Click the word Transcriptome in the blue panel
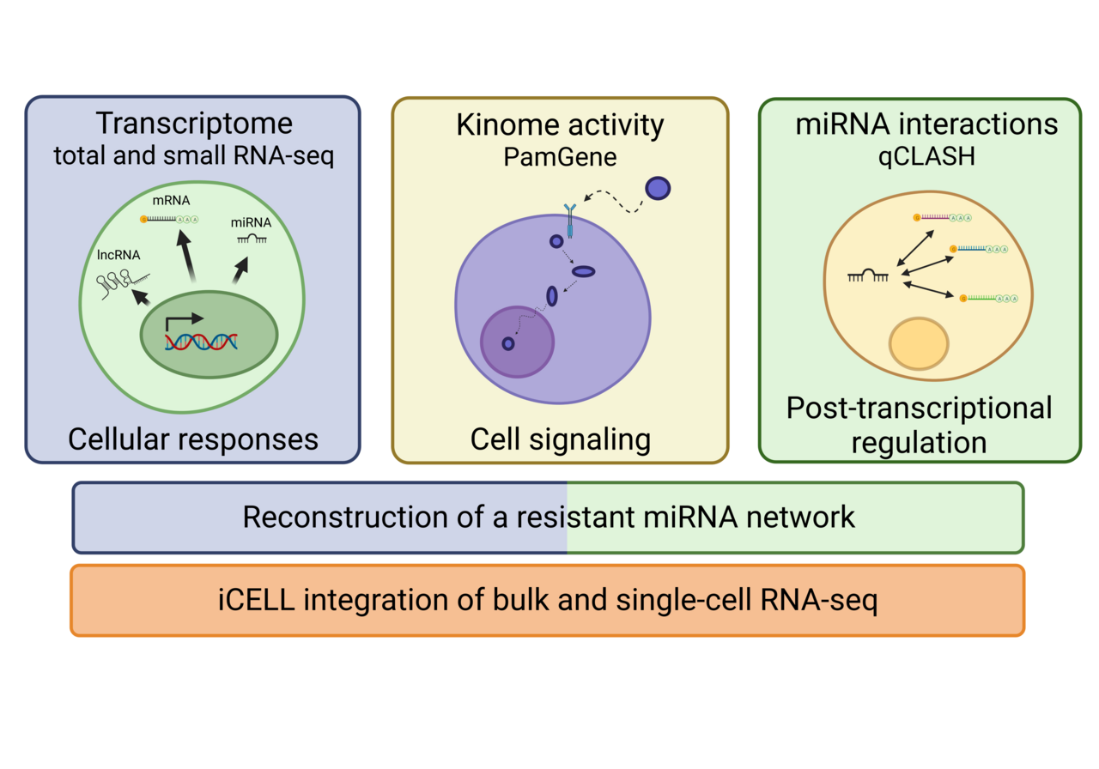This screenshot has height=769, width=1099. pos(193,124)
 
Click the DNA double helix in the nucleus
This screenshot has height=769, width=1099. pos(202,341)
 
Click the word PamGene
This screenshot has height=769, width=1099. pos(560,158)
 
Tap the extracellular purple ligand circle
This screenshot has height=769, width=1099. pos(658,187)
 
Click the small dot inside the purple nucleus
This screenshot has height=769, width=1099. pos(508,343)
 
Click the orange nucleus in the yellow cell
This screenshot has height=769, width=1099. pos(919,343)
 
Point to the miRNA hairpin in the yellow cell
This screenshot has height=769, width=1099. pos(868,276)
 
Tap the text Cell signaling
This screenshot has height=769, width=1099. pos(560,439)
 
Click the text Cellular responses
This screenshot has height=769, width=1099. pos(193,439)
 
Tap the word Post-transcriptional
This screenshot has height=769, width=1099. pos(919,408)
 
